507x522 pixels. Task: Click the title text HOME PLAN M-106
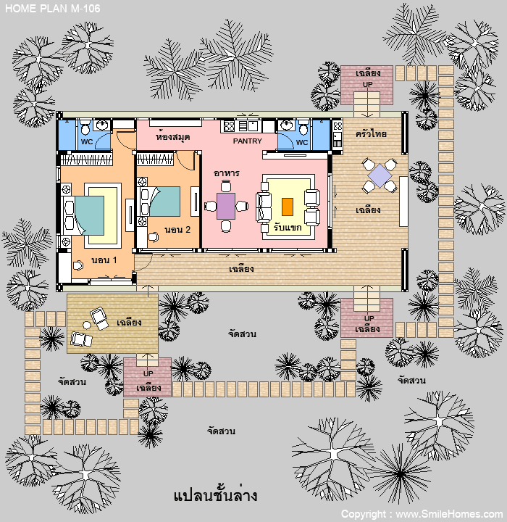(53, 8)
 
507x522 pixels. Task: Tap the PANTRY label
(247, 141)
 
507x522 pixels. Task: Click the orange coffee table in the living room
(288, 207)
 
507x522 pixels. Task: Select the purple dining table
(226, 206)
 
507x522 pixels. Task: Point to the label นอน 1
(104, 260)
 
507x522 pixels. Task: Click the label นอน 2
(177, 229)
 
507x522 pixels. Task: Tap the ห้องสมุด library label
(173, 136)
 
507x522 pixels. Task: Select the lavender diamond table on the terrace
(380, 175)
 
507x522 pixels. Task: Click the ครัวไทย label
(371, 134)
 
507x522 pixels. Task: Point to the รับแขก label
(288, 228)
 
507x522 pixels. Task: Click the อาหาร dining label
(227, 173)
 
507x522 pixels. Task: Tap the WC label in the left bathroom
(87, 141)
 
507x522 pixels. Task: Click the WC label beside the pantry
(302, 142)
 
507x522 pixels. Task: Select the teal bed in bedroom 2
(164, 202)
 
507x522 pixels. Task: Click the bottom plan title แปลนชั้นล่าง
(215, 495)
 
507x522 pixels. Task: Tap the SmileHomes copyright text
(422, 514)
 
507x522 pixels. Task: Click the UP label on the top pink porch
(367, 85)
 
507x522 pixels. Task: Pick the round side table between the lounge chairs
(87, 325)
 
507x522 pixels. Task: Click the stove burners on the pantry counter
(229, 126)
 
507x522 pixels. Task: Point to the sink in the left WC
(101, 125)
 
